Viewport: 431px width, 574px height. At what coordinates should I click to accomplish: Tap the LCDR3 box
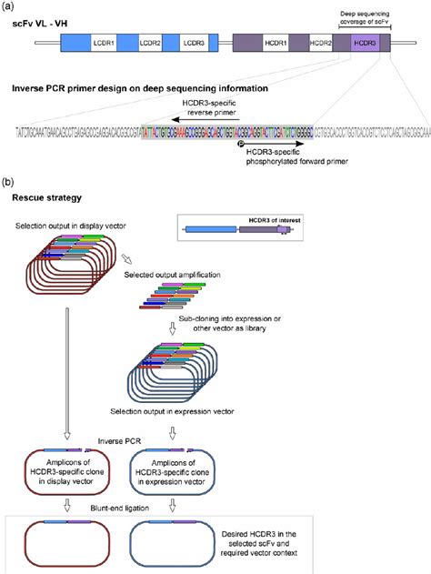193,43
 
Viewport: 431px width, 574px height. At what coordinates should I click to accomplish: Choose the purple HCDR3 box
361,43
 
